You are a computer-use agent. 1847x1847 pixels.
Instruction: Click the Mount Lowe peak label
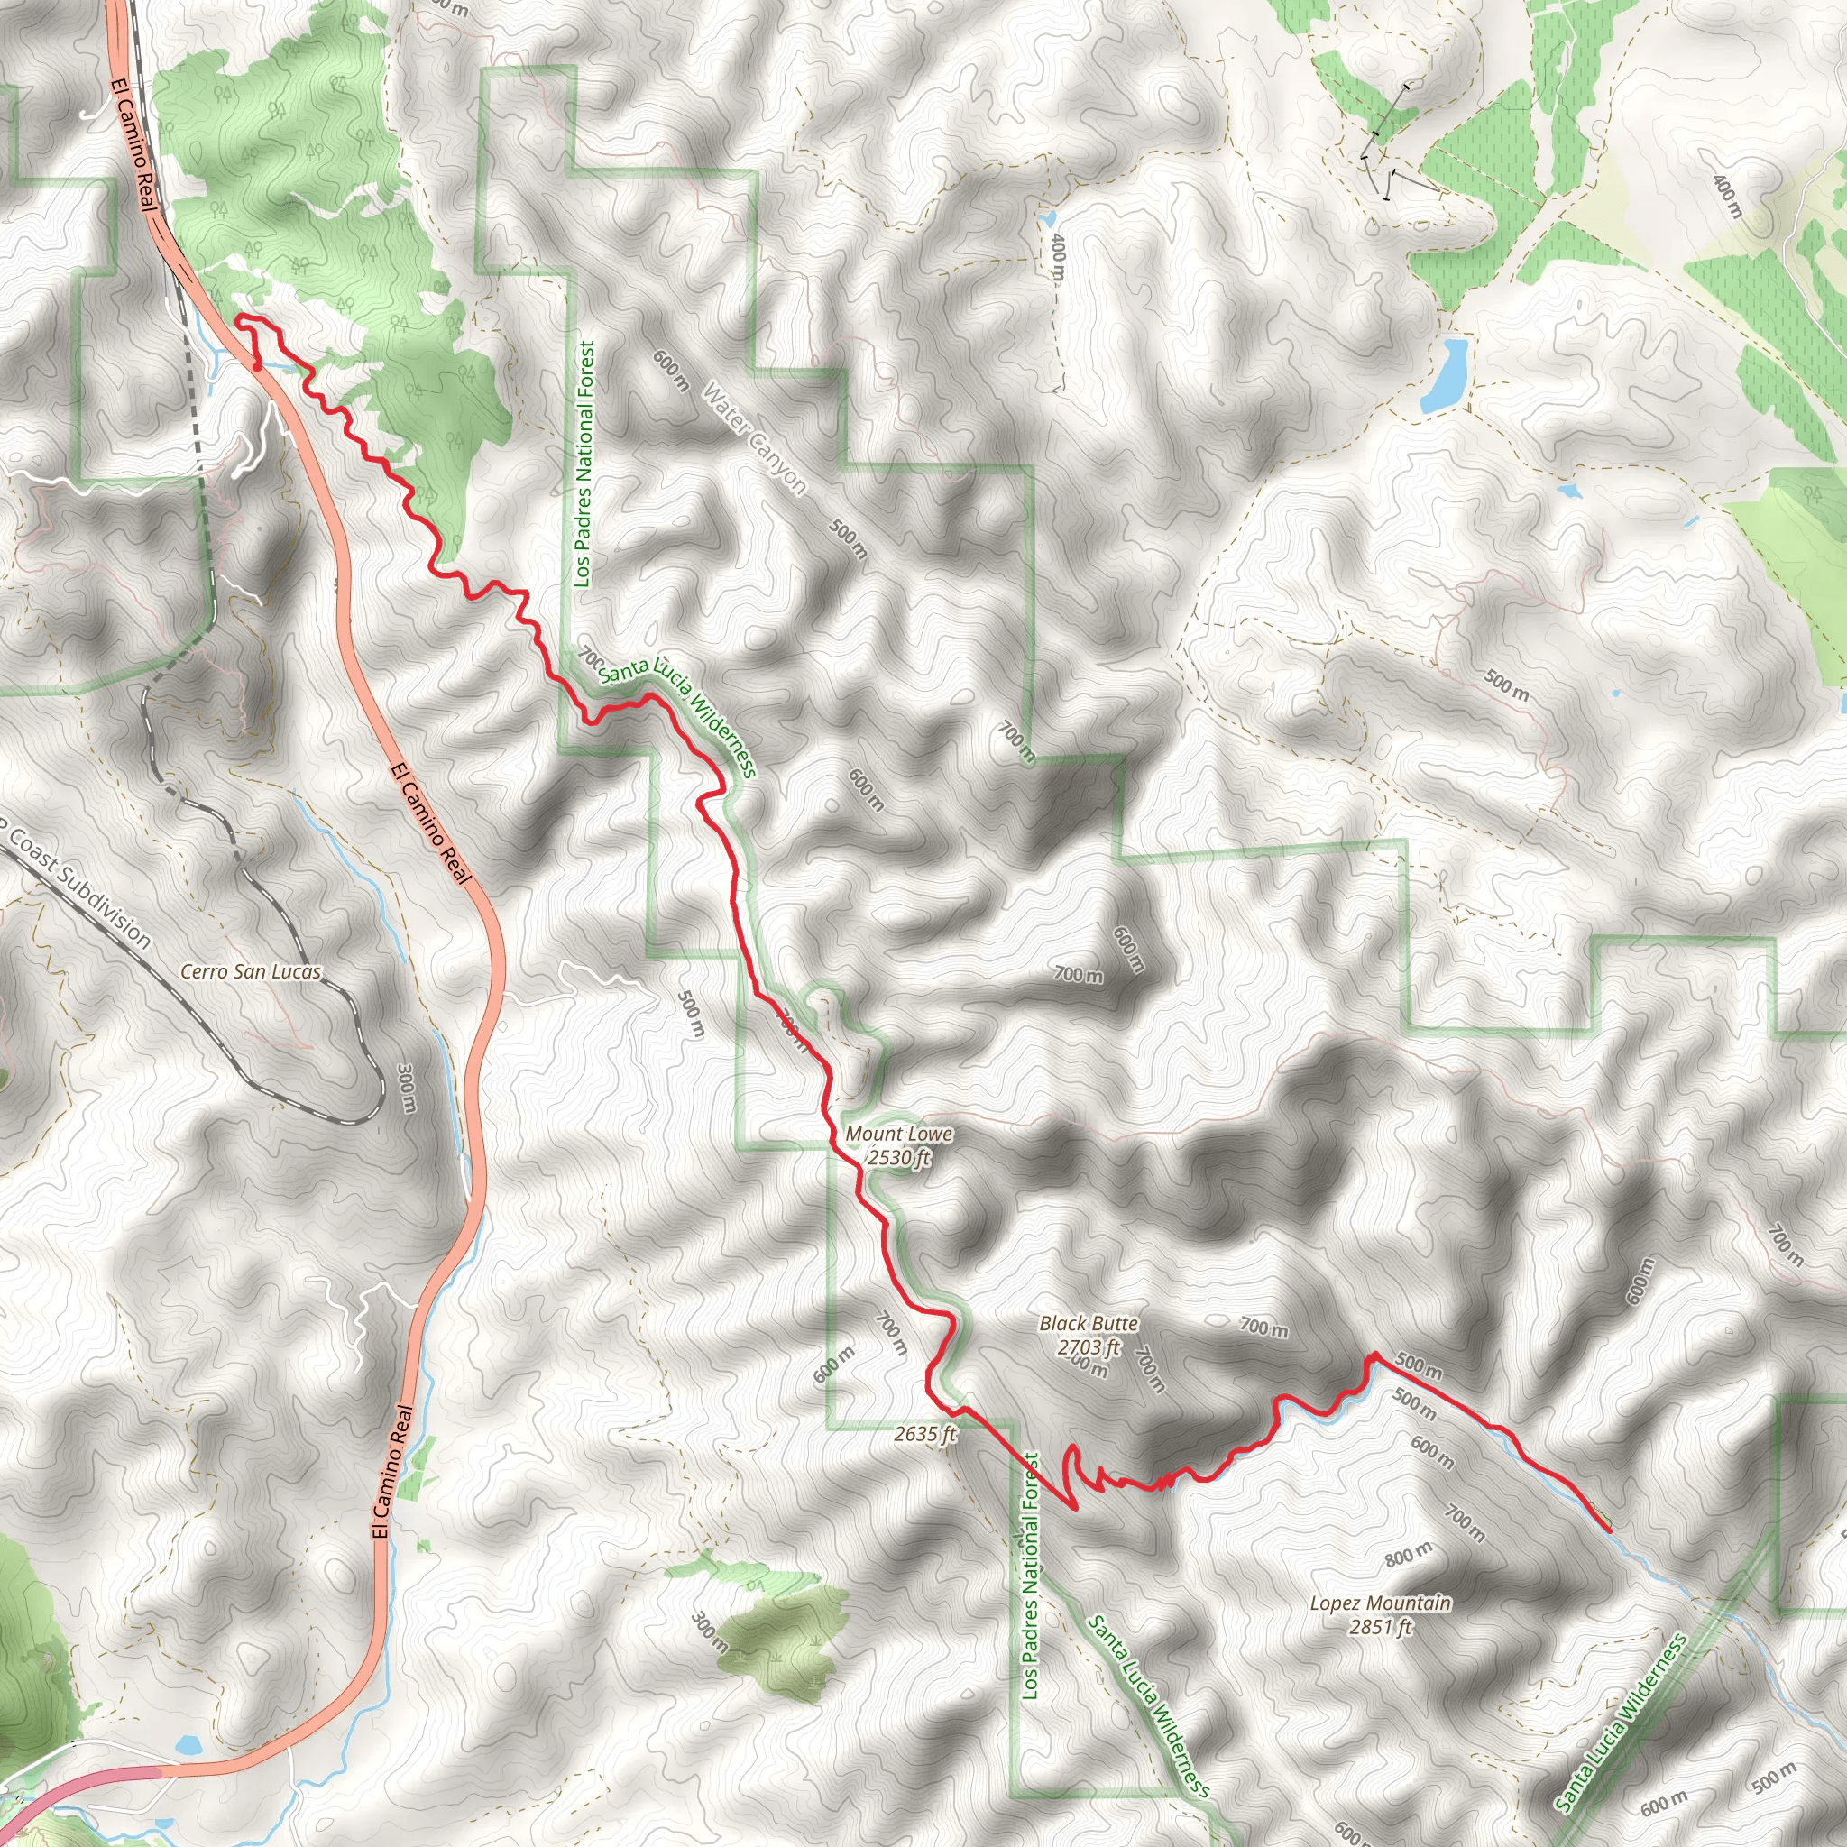(x=898, y=1134)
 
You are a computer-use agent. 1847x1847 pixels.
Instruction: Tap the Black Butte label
(x=1089, y=1323)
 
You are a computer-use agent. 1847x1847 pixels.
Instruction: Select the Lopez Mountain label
(x=1380, y=1603)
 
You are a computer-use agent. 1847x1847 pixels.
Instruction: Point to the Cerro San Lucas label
(x=252, y=971)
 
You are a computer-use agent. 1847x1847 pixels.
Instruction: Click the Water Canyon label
(x=754, y=439)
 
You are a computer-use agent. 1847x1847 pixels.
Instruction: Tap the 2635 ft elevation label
(x=925, y=1434)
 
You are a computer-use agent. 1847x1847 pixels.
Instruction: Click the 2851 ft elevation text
(x=1381, y=1626)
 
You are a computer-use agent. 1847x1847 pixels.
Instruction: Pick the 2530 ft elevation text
(x=898, y=1158)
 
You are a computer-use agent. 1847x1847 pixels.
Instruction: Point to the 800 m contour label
(x=1408, y=1556)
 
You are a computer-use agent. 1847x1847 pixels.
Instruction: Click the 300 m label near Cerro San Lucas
(x=407, y=1088)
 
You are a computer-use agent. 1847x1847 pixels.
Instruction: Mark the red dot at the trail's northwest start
(x=257, y=364)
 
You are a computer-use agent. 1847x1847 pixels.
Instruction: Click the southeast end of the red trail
(x=1610, y=1530)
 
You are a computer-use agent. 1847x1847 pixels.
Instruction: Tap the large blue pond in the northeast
(x=1443, y=373)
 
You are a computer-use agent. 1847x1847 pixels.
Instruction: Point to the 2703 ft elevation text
(x=1089, y=1347)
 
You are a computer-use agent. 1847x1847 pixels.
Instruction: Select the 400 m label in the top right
(x=1727, y=196)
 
